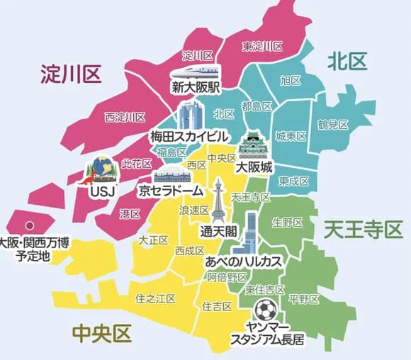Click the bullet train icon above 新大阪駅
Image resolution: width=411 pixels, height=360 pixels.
point(194,72)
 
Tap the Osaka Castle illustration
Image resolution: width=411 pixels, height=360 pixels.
point(253,147)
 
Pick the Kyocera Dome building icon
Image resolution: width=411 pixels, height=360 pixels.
point(172,178)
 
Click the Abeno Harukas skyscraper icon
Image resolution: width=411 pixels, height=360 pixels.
point(247,234)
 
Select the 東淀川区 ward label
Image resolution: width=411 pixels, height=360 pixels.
point(262,46)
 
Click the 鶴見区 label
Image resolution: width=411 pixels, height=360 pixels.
point(333,124)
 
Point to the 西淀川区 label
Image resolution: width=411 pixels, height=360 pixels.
point(125,117)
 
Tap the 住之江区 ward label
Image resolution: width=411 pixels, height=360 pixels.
point(155,299)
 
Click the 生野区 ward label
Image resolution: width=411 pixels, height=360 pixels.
point(287,223)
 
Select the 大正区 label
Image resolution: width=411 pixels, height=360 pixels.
point(154,240)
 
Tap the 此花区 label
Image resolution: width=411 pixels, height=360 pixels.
point(136,164)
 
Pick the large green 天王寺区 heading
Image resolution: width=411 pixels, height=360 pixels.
point(363,230)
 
